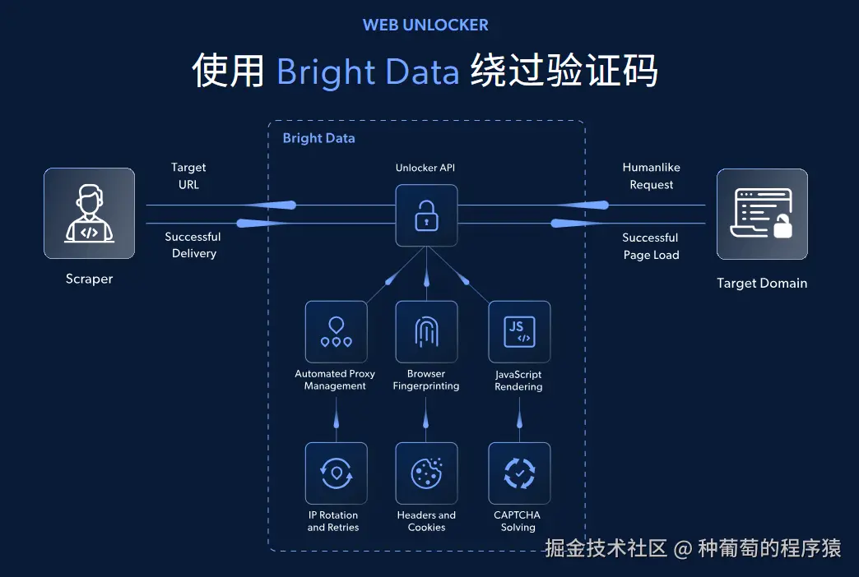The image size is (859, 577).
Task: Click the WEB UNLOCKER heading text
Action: coord(425,25)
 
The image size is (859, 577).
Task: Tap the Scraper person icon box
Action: coord(89,213)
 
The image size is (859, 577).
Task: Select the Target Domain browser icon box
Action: coord(762,214)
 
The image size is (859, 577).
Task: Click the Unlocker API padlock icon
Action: coord(426,215)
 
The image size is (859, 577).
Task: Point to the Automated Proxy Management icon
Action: coord(336,332)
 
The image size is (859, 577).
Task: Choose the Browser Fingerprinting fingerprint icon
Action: coord(426,332)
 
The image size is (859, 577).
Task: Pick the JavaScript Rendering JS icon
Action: coord(519,332)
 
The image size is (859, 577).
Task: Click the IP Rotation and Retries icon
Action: coord(336,473)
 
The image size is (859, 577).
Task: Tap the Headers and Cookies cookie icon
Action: coord(426,473)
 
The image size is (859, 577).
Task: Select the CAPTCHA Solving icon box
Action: coord(519,473)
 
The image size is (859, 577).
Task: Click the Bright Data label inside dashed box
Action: coord(319,138)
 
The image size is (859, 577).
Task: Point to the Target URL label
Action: coord(188,176)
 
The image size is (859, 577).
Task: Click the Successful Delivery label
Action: coord(193,245)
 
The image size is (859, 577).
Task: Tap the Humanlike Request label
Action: coord(652,176)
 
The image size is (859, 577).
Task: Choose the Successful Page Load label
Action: coord(651,246)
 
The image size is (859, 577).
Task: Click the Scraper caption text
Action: coord(89,279)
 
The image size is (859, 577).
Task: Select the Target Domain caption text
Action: coord(762,283)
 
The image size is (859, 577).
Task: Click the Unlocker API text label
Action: coord(425,168)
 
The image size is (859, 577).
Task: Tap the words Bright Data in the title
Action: coord(368,72)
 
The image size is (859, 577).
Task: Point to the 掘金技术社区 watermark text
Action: coord(606,548)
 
